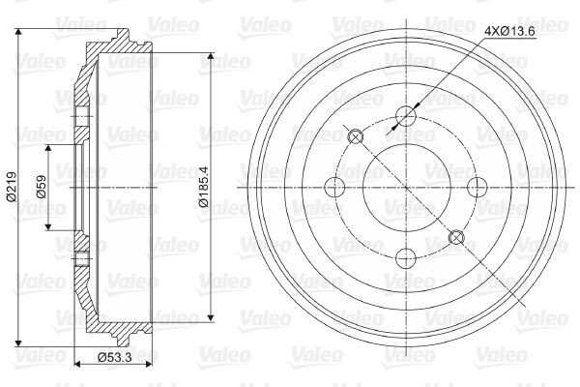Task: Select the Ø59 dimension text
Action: [x=41, y=187]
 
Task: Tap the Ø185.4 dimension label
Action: [x=204, y=187]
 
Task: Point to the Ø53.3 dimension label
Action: [x=114, y=357]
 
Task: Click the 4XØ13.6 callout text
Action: [x=510, y=32]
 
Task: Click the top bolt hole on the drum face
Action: [x=406, y=116]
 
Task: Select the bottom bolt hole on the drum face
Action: [x=406, y=258]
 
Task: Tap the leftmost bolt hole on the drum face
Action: [x=334, y=187]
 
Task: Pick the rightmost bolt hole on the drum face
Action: [x=478, y=187]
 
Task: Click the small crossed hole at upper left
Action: [x=356, y=137]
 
